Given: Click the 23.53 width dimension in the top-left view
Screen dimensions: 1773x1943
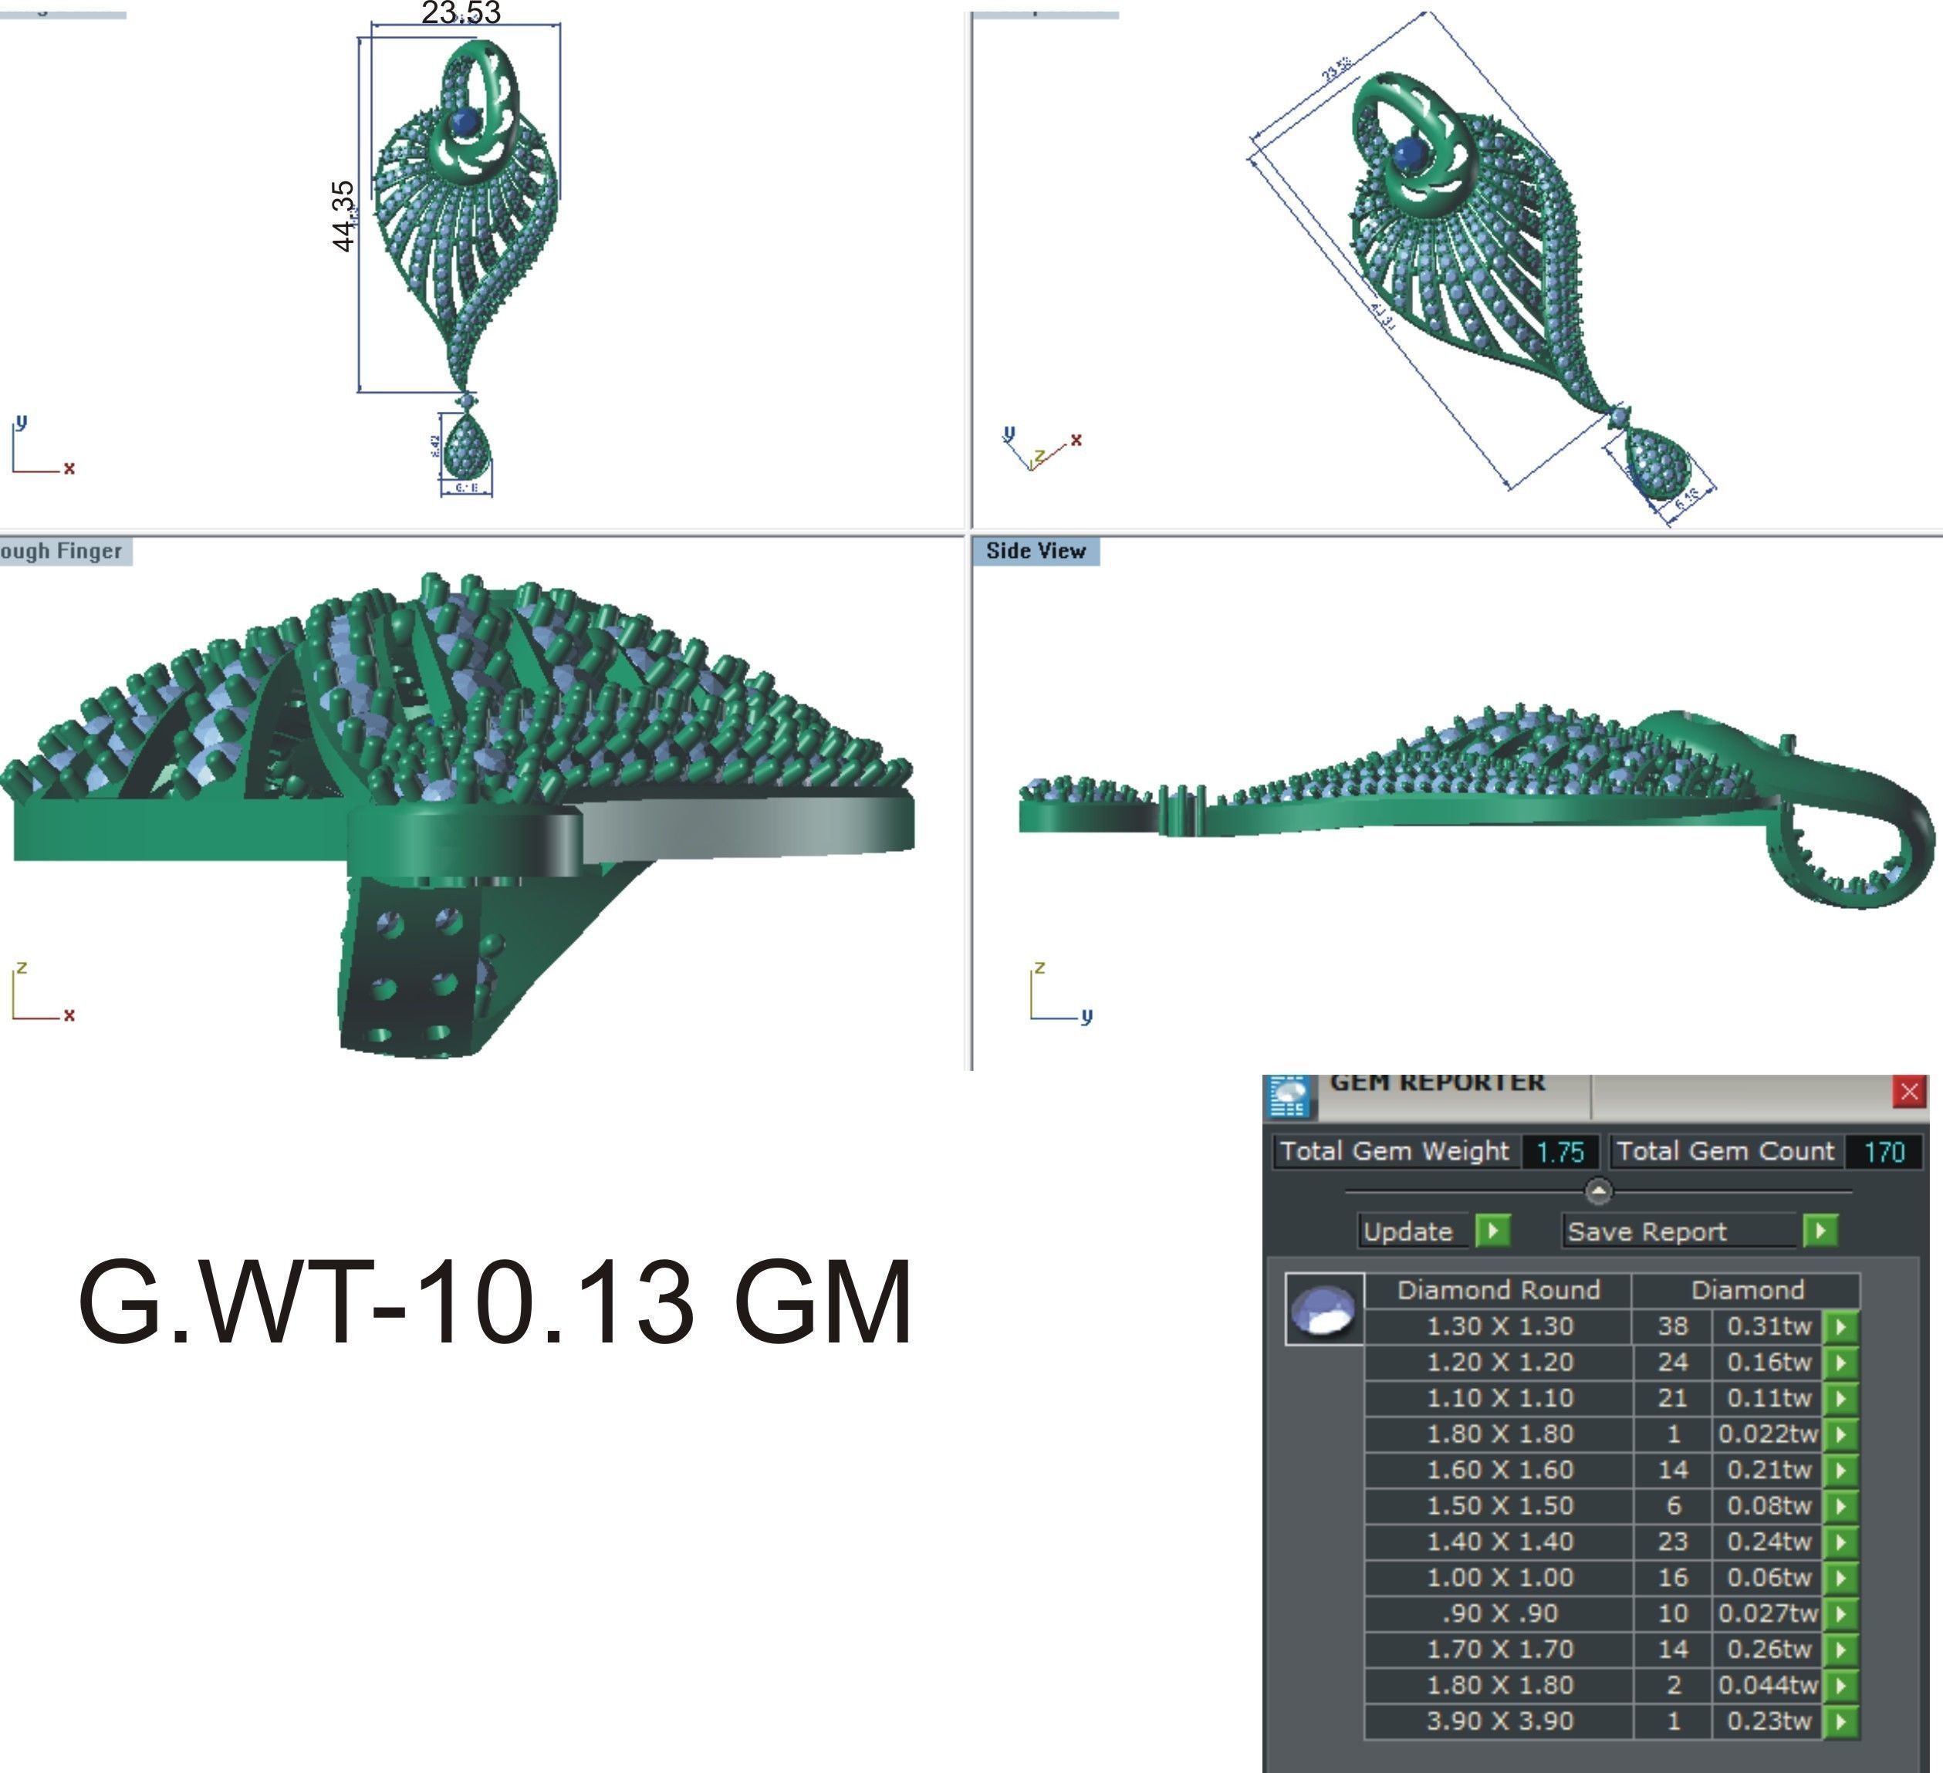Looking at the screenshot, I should [461, 12].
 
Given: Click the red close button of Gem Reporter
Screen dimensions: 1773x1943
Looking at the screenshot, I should [1909, 1092].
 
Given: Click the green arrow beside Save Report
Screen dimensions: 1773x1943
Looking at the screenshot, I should [1820, 1231].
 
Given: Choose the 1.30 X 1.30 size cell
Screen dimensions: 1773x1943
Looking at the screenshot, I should [1499, 1326].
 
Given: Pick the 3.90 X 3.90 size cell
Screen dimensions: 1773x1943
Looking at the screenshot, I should [1499, 1721].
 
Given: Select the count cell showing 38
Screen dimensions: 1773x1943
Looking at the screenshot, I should [1672, 1326].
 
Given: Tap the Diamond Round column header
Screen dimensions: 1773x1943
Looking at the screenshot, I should [1499, 1290].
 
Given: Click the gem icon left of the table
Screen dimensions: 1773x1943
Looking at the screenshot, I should [1324, 1309].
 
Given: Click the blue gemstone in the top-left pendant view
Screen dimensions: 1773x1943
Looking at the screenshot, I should [465, 123].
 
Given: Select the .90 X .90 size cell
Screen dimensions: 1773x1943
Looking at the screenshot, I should [1499, 1613].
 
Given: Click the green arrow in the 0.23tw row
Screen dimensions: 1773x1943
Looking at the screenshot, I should [1841, 1721].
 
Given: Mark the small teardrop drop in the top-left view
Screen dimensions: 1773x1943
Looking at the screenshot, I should [467, 449].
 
